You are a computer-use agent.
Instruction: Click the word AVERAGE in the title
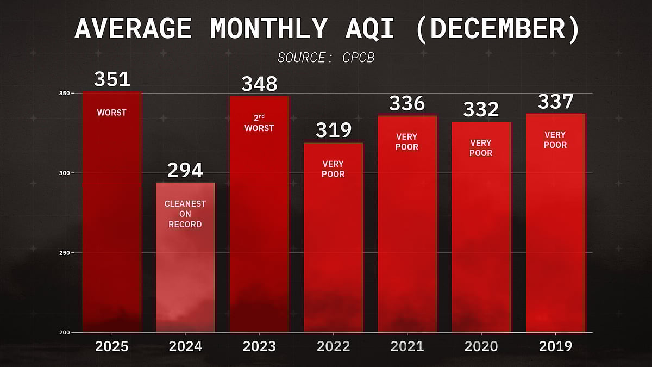133,29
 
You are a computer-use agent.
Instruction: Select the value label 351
112,79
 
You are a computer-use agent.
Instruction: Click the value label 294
185,170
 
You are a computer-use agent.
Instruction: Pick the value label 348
259,84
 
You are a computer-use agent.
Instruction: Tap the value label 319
333,130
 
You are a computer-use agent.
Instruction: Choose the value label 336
407,103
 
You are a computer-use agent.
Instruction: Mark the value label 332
481,109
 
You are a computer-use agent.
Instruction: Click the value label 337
555,102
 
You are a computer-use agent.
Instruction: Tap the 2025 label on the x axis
111,346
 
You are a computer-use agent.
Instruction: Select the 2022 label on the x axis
333,346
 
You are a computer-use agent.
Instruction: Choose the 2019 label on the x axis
555,346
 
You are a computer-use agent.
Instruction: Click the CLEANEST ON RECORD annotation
185,214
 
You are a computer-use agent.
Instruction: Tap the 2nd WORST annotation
259,123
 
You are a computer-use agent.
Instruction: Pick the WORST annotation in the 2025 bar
111,113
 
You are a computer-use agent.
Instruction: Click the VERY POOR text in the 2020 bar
481,148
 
